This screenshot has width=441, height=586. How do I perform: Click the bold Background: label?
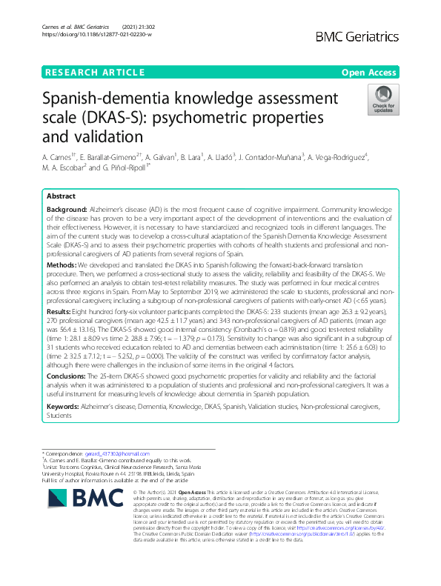click(x=67, y=211)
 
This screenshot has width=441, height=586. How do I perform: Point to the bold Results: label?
click(x=61, y=312)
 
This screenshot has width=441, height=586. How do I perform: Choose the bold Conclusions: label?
click(x=69, y=376)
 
